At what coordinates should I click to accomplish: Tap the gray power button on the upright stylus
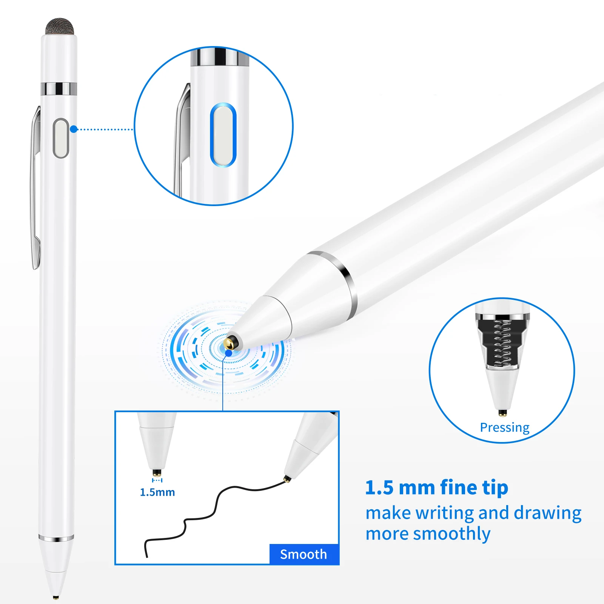pyautogui.click(x=61, y=138)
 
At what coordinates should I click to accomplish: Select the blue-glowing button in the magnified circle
pyautogui.click(x=223, y=135)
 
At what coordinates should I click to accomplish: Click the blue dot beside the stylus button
pyautogui.click(x=74, y=129)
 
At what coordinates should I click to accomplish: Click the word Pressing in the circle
pyautogui.click(x=505, y=427)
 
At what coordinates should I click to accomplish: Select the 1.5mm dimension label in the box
pyautogui.click(x=157, y=492)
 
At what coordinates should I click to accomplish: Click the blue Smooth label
pyautogui.click(x=304, y=554)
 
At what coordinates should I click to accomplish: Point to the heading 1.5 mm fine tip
pyautogui.click(x=436, y=487)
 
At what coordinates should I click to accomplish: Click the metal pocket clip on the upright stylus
pyautogui.click(x=35, y=189)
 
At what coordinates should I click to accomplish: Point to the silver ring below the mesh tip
pyautogui.click(x=59, y=88)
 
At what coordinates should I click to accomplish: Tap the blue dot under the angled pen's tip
pyautogui.click(x=229, y=353)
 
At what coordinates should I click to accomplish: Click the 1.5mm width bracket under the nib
pyautogui.click(x=157, y=480)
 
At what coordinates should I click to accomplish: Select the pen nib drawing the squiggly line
pyautogui.click(x=287, y=479)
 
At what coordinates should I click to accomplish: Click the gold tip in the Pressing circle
pyautogui.click(x=502, y=413)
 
